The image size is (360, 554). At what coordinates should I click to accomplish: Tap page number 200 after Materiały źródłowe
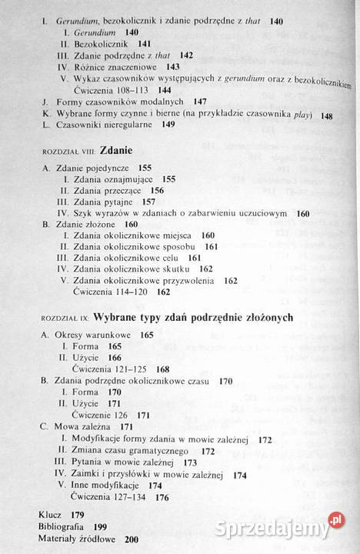132,539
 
